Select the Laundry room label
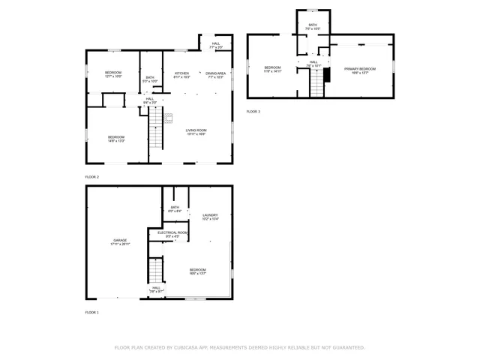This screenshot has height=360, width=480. pyautogui.click(x=210, y=217)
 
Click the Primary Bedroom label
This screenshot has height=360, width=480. pyautogui.click(x=355, y=70)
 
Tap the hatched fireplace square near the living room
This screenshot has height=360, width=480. pyautogui.click(x=169, y=117)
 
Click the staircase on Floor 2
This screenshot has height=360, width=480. pyautogui.click(x=155, y=127)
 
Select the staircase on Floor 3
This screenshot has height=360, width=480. pyautogui.click(x=316, y=86)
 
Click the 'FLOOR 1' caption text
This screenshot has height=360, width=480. pyautogui.click(x=91, y=312)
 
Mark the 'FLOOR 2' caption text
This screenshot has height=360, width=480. pyautogui.click(x=91, y=177)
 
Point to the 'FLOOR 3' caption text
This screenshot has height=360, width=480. pyautogui.click(x=253, y=112)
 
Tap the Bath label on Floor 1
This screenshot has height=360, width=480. pyautogui.click(x=175, y=209)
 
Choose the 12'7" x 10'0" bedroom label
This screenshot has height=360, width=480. pyautogui.click(x=113, y=74)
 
